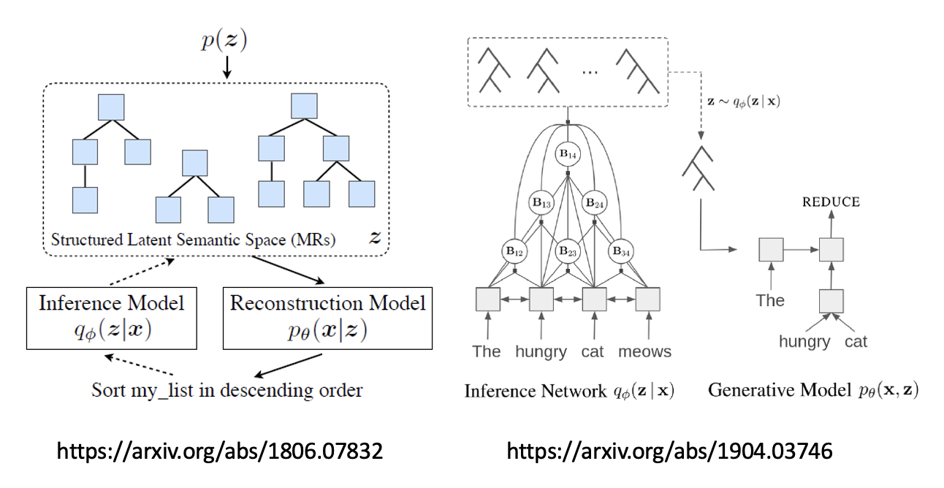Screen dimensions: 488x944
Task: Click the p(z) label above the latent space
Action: [225, 41]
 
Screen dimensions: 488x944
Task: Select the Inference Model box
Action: [111, 316]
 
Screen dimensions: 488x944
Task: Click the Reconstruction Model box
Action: [327, 316]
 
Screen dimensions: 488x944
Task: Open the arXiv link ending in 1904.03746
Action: [669, 451]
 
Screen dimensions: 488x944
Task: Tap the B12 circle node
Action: [514, 251]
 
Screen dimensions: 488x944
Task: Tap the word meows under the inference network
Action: [644, 351]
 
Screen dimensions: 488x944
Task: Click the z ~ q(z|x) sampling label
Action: [743, 102]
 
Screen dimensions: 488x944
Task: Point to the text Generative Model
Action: [768, 390]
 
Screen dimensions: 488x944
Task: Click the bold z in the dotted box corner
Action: [376, 238]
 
